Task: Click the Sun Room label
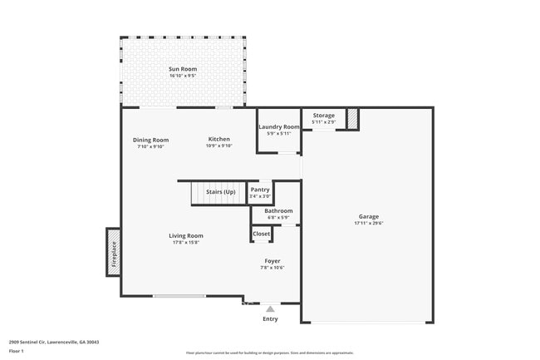click(x=182, y=68)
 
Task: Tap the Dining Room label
click(x=150, y=140)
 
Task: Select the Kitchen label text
click(x=218, y=139)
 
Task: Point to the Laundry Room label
click(x=278, y=126)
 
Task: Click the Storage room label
click(x=323, y=116)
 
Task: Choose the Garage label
click(x=368, y=216)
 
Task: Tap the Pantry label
click(x=260, y=190)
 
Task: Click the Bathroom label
click(x=278, y=211)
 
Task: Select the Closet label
click(x=261, y=234)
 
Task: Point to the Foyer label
click(x=272, y=261)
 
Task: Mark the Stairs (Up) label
click(x=220, y=192)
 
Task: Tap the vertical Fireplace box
click(x=113, y=252)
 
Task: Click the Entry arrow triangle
click(x=270, y=309)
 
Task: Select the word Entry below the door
click(x=270, y=319)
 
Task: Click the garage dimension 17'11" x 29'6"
click(x=368, y=223)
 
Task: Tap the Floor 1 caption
click(x=16, y=351)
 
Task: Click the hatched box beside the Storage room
click(x=352, y=119)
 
